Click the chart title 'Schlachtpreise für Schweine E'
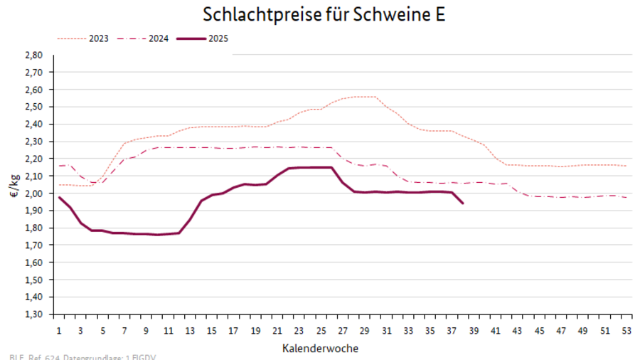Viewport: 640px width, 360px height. [x=324, y=15]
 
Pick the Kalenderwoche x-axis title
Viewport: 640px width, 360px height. [x=320, y=348]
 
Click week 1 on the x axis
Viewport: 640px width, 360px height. [x=59, y=331]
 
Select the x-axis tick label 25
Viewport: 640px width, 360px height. [x=321, y=331]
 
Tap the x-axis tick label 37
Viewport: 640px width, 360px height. [x=452, y=331]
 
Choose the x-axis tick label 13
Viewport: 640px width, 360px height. [x=190, y=331]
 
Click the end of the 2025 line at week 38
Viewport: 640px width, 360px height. [x=463, y=203]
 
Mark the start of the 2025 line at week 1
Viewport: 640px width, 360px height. [x=59, y=197]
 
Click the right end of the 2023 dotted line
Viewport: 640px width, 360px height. [x=626, y=166]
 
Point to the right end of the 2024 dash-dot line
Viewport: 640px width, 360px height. [x=626, y=197]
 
